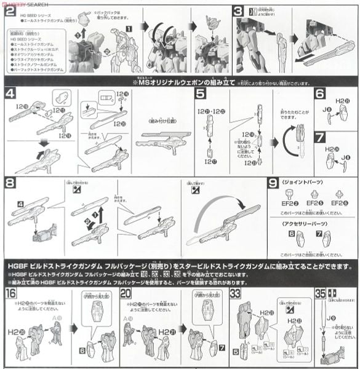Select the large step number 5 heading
pyautogui.click(x=200, y=93)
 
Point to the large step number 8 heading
pyautogui.click(x=9, y=183)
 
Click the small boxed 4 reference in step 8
pyautogui.click(x=22, y=204)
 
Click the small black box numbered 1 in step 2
pyautogui.click(x=129, y=28)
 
